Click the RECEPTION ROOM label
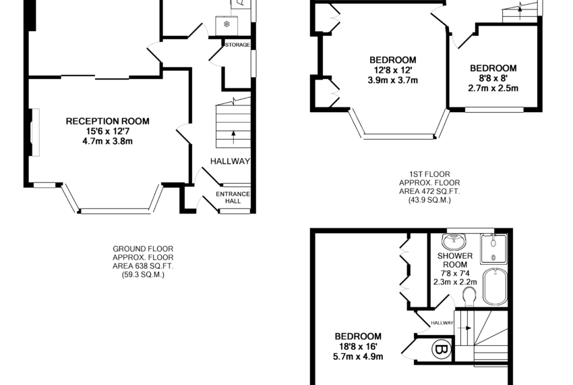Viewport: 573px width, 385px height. click(x=107, y=122)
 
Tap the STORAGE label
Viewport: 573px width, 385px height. click(x=237, y=45)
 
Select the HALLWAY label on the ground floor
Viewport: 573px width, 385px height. click(x=231, y=161)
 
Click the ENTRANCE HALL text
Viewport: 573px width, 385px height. click(x=233, y=197)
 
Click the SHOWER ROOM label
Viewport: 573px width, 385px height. click(x=455, y=260)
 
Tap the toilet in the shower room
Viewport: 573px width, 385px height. click(x=469, y=296)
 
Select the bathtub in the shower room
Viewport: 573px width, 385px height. click(x=495, y=286)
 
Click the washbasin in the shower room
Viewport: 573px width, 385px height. click(x=454, y=242)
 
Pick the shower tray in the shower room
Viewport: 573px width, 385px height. click(x=493, y=249)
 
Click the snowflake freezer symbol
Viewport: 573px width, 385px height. click(x=227, y=24)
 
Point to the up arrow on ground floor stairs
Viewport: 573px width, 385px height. click(x=233, y=137)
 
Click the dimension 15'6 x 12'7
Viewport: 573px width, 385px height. click(x=107, y=131)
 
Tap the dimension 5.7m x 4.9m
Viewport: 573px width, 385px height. click(x=358, y=356)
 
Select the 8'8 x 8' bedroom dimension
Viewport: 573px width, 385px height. click(x=493, y=78)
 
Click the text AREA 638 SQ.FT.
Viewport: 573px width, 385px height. click(x=143, y=266)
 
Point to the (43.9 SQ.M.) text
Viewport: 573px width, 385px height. click(x=429, y=200)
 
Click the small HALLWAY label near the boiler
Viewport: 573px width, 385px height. click(x=442, y=323)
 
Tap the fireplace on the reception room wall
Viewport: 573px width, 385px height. click(x=35, y=132)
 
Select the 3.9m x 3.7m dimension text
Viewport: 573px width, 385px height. click(x=393, y=80)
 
